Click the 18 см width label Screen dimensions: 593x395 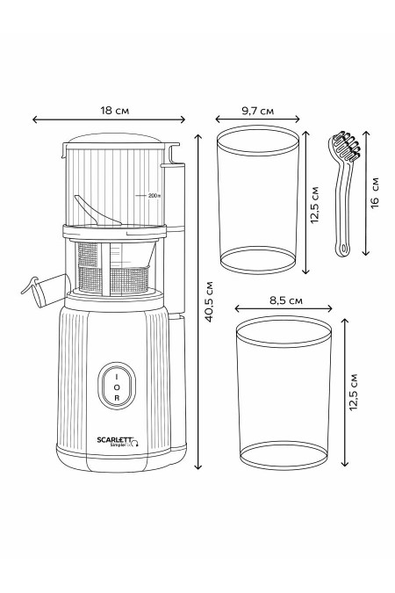coord(109,111)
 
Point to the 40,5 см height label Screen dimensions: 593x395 coord(208,303)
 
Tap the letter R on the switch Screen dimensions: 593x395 coord(116,398)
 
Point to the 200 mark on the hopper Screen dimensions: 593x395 coord(154,196)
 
